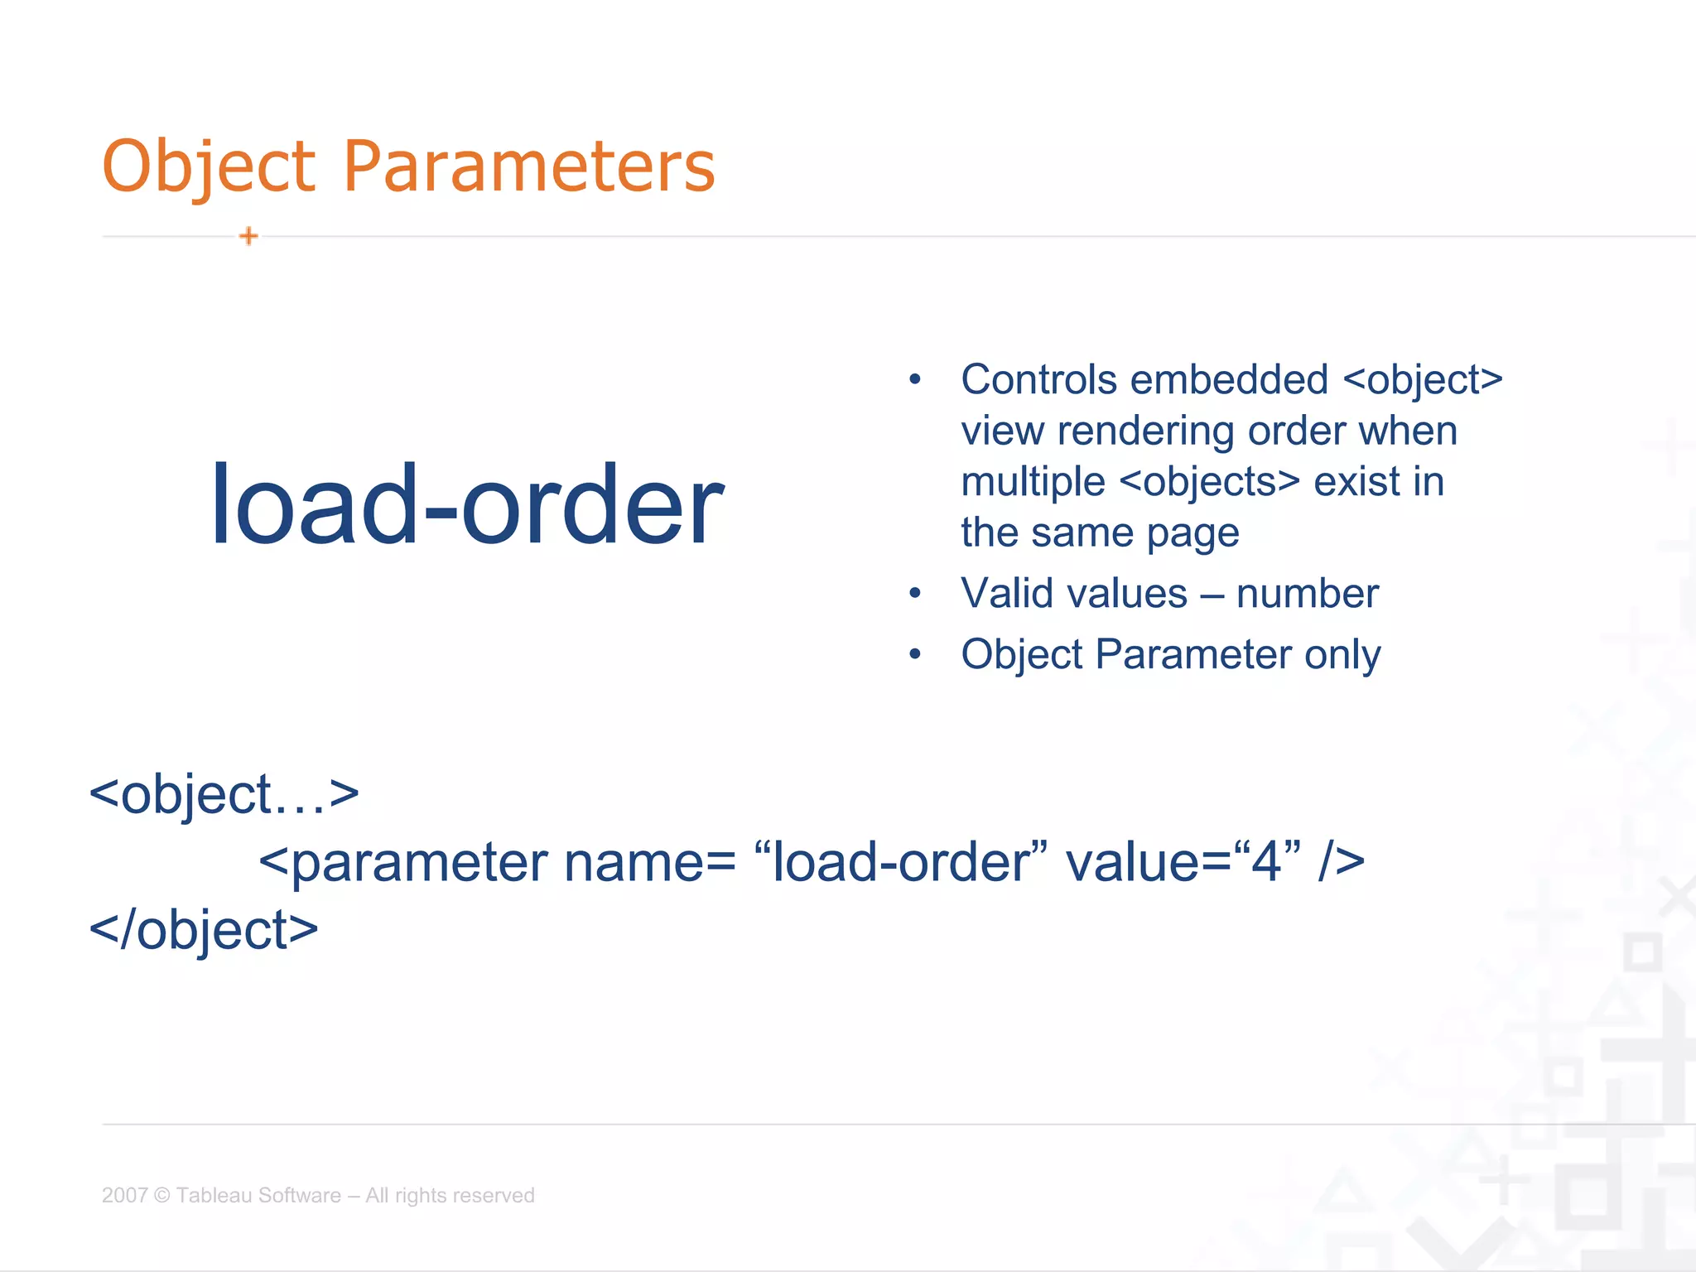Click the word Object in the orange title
click(x=209, y=166)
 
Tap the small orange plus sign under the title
click(x=248, y=237)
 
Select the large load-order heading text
click(x=467, y=505)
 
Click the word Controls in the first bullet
click(x=1038, y=380)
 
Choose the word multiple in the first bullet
click(x=1033, y=482)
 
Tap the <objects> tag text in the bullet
click(x=1209, y=482)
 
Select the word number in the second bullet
click(x=1307, y=594)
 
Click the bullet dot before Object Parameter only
click(x=914, y=655)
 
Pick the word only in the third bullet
click(x=1342, y=655)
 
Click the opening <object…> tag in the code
click(x=224, y=794)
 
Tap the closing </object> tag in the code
click(x=204, y=930)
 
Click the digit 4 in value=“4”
click(x=1266, y=862)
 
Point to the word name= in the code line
click(x=649, y=862)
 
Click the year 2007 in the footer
click(x=124, y=1195)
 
